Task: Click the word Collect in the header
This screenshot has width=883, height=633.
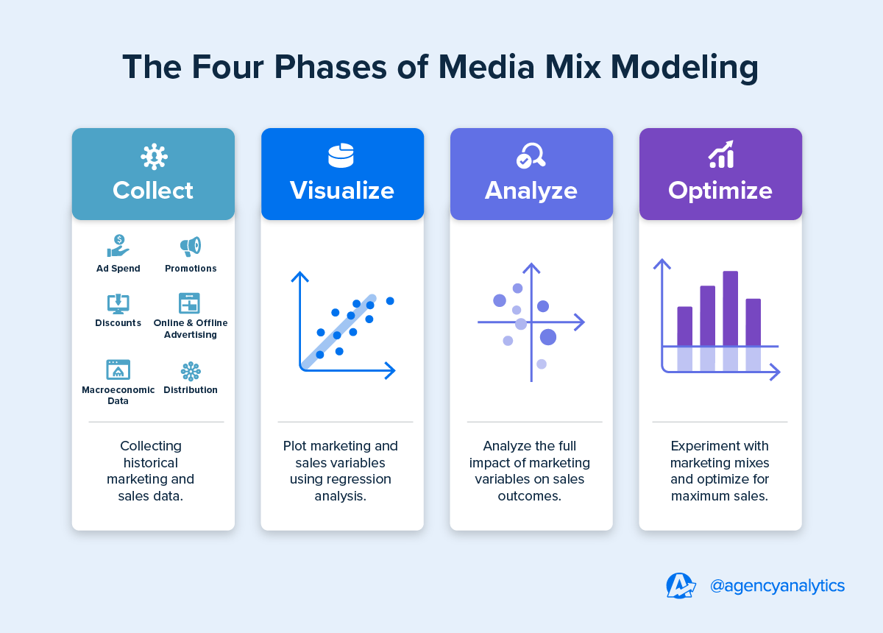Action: tap(153, 191)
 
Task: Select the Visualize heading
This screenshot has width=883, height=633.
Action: tap(342, 191)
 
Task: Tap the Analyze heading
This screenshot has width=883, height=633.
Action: tap(531, 191)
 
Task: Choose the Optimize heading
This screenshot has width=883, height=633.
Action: tap(720, 191)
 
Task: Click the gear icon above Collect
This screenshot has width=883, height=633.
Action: tap(154, 157)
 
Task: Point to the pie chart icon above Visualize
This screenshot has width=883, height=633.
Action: tap(341, 155)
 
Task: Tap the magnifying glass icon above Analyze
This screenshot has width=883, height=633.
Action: tap(531, 155)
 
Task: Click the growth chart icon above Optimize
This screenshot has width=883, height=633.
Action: tap(721, 155)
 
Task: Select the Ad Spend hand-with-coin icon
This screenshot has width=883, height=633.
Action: tap(118, 246)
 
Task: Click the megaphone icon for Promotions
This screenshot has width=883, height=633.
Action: tap(191, 247)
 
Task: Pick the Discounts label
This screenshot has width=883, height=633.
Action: tap(118, 322)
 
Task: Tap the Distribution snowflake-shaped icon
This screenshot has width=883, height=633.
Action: tap(191, 371)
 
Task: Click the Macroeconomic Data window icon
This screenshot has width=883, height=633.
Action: tap(118, 369)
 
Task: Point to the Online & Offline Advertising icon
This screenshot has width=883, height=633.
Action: tap(189, 303)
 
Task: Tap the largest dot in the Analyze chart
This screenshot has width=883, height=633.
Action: tap(548, 337)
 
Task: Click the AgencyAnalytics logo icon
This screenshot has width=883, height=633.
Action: tap(681, 586)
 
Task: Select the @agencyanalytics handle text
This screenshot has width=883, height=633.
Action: tap(777, 586)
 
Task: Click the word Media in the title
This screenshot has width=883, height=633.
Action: tap(486, 67)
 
